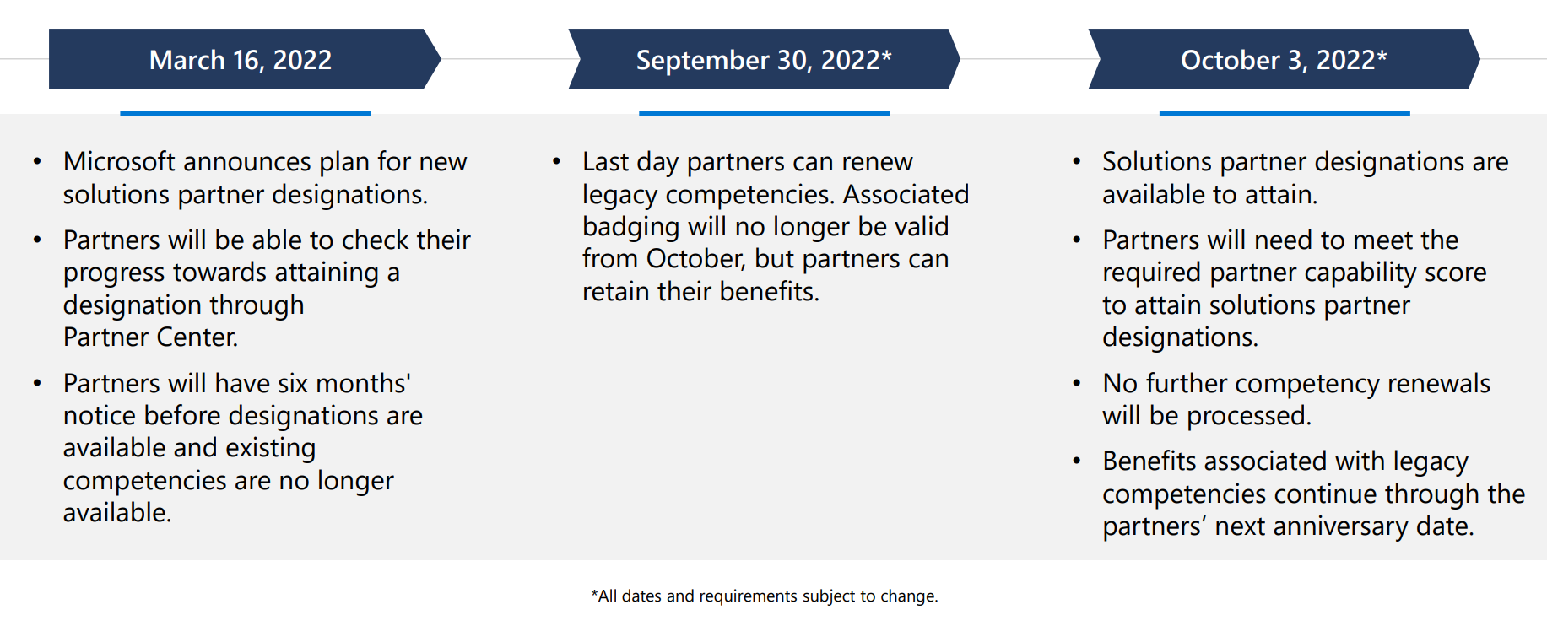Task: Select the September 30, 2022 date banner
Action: [765, 59]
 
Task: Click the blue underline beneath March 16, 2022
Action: [246, 113]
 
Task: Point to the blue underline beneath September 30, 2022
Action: [765, 113]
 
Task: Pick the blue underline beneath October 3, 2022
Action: [1285, 113]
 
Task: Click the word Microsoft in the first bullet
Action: [118, 161]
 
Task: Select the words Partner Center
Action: [151, 337]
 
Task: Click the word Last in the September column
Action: [605, 161]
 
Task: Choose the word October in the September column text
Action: [696, 258]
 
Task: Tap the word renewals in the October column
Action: [1439, 383]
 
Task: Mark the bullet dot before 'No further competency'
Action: [1076, 383]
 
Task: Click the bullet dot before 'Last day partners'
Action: [556, 160]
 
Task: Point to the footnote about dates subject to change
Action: [765, 596]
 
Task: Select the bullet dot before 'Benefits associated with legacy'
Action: [1076, 461]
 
